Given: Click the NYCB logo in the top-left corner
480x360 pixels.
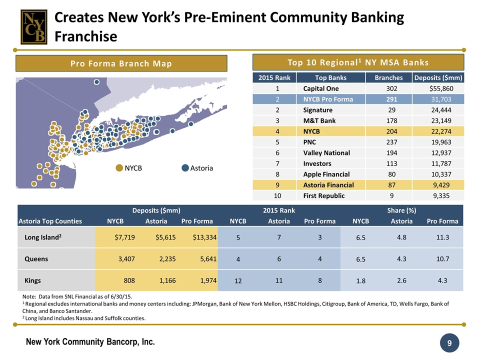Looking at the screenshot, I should pos(33,26).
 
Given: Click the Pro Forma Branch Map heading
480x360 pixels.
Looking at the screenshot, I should pos(121,63).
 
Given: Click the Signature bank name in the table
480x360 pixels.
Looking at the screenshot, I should pos(317,109).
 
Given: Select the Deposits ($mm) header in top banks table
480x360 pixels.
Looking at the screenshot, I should pos(438,77).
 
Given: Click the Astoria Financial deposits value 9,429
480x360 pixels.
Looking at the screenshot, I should pos(445,185).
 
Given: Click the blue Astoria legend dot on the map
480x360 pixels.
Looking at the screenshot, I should pos(185,168).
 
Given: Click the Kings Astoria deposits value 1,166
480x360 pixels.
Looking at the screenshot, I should pos(164,280).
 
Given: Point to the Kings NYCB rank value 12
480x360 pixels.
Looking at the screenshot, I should pos(238,281).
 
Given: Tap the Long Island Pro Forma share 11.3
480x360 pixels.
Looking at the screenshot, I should pos(442,237).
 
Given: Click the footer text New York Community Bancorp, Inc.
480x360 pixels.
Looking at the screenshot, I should pos(90,342).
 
